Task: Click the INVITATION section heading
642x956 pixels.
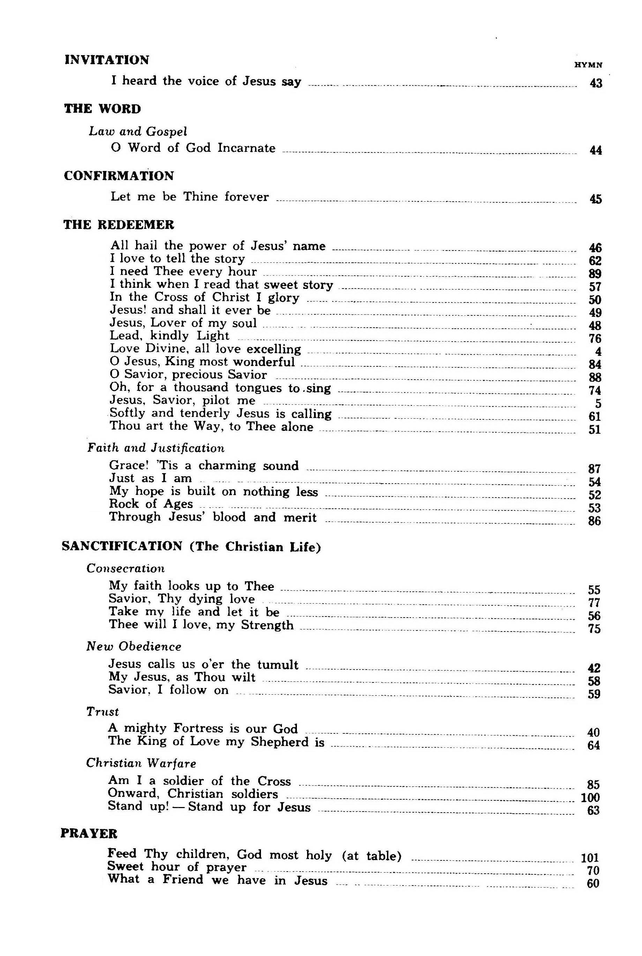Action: click(x=107, y=60)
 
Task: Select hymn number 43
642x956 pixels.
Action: click(x=596, y=83)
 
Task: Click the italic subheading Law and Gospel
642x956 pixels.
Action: click(x=138, y=132)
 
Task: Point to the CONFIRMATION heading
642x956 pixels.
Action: click(x=119, y=176)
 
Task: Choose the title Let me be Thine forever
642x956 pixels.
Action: click(x=189, y=197)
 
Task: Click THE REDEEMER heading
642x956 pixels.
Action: click(x=119, y=225)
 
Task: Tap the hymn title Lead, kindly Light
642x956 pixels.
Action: click(x=170, y=336)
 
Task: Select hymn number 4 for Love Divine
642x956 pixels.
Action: click(x=598, y=352)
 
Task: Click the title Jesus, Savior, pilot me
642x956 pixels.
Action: click(x=182, y=401)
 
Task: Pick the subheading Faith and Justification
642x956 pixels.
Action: click(x=156, y=448)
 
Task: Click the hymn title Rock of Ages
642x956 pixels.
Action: click(x=151, y=504)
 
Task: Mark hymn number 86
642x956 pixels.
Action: click(x=594, y=521)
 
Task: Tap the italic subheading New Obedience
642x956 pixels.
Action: click(x=134, y=647)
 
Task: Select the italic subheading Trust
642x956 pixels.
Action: click(x=102, y=711)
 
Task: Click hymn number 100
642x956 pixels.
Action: click(x=590, y=797)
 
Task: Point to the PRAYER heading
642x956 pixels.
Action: click(x=89, y=834)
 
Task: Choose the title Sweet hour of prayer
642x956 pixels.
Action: click(x=177, y=867)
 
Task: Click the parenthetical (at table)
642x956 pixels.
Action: click(x=371, y=856)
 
